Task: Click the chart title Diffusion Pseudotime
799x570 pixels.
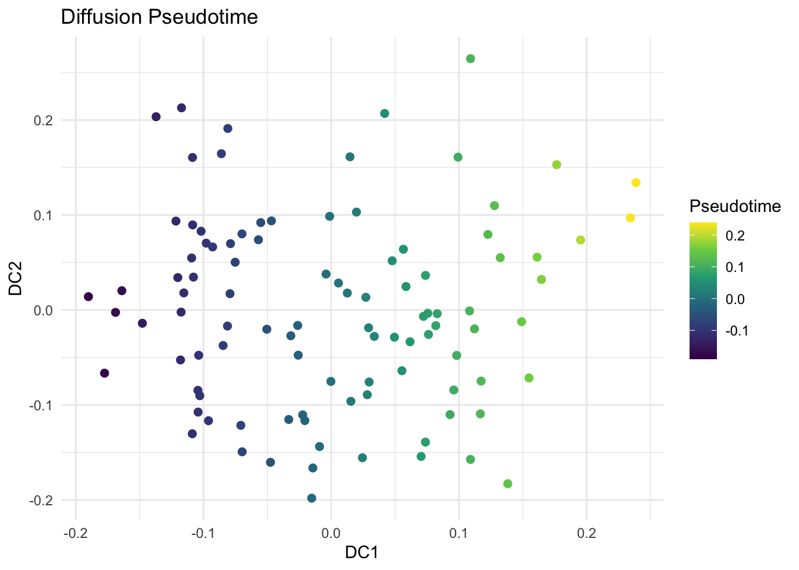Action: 159,17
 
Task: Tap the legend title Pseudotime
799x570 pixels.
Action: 735,206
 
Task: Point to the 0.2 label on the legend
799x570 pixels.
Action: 735,236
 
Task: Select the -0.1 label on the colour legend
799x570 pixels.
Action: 737,331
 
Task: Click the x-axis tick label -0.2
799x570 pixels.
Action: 76,528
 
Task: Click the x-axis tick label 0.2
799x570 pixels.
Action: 586,528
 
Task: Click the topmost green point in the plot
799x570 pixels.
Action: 470,59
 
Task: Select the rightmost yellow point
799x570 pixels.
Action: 636,182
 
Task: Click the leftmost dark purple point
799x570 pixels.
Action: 89,296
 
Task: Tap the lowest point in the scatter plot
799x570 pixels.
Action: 312,498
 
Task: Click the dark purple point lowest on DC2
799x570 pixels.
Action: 105,373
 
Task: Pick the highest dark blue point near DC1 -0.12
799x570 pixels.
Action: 181,108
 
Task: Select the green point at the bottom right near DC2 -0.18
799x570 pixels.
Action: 508,484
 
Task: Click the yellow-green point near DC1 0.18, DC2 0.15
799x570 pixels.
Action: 556,164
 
